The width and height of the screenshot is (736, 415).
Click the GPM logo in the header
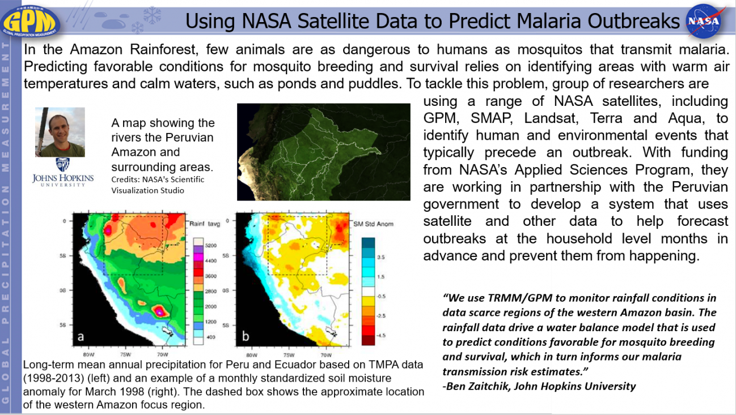click(31, 21)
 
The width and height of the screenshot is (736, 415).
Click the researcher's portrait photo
click(60, 132)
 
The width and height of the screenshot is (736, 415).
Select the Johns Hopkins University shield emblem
click(62, 165)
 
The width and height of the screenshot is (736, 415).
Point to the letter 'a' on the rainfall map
click(81, 337)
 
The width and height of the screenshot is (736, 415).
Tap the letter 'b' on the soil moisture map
click(246, 336)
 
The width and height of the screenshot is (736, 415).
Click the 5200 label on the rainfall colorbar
click(210, 245)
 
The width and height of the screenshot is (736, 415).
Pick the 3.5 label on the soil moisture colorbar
click(380, 257)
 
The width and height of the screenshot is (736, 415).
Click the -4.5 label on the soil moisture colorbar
click(381, 335)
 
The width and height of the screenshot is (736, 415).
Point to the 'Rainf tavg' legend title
click(205, 224)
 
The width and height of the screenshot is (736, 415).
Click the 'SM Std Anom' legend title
click(373, 224)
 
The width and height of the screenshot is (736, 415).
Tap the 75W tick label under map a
click(125, 354)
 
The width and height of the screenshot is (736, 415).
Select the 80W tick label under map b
click(252, 355)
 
